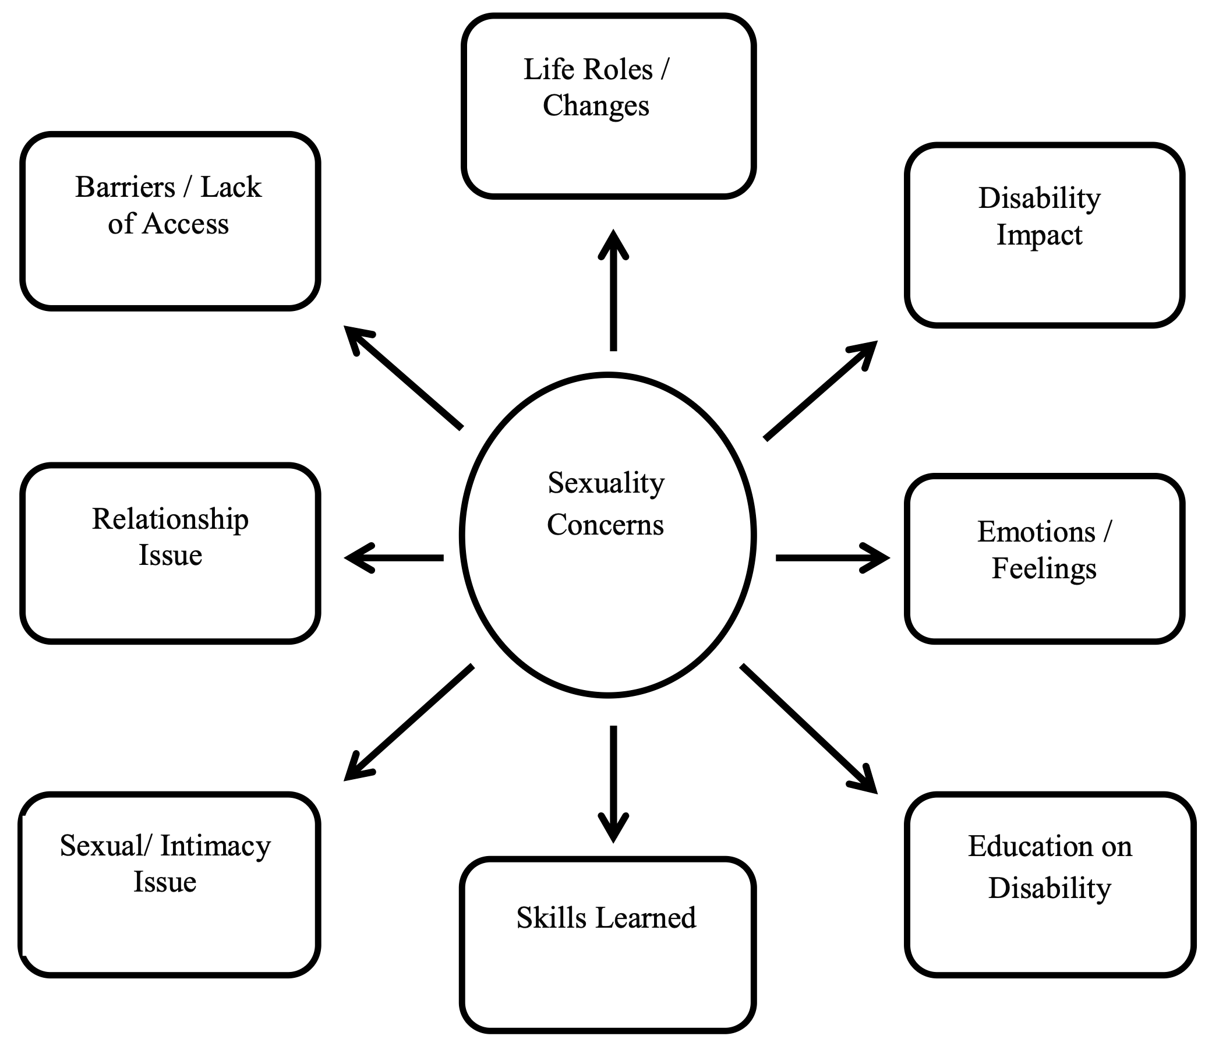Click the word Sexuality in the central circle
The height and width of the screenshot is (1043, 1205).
coord(606,483)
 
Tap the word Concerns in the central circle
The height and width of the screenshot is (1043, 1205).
coord(605,525)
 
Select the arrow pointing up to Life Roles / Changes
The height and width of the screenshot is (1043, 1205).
coord(613,291)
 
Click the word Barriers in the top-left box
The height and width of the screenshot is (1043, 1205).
coord(125,188)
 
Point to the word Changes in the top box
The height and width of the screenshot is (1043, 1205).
coord(596,106)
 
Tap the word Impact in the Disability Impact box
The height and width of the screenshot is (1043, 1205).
coord(1039,235)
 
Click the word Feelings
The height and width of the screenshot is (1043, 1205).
coord(1044,568)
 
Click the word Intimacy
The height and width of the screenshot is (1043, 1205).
coord(215,846)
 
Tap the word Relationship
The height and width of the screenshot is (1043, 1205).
coord(170,519)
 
